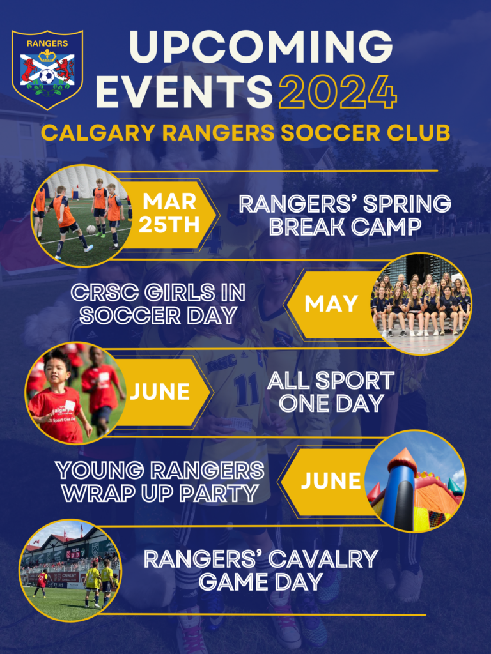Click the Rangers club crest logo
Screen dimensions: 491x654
tap(47, 69)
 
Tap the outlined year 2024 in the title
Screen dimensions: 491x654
tap(338, 93)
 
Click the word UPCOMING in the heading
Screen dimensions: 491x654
tap(261, 46)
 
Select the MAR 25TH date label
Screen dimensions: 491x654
tap(169, 213)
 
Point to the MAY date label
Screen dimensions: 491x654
tap(331, 303)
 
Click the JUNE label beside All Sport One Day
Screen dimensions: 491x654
tap(160, 392)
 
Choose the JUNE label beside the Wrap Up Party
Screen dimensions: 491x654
tap(331, 480)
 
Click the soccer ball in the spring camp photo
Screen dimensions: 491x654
tap(91, 229)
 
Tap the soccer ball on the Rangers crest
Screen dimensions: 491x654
tap(47, 75)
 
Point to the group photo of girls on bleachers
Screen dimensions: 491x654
tap(421, 303)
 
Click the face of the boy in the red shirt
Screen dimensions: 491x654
tap(54, 371)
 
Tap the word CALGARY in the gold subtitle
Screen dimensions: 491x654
tap(98, 133)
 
